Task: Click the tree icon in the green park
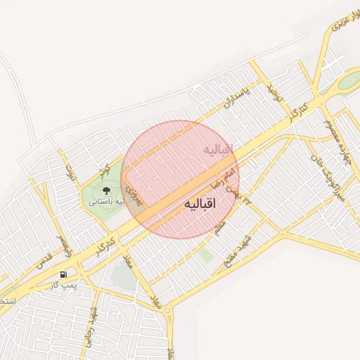click(106, 190)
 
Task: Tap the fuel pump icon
click(64, 274)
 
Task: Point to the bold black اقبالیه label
click(200, 204)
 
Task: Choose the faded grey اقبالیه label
click(217, 150)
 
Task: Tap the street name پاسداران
click(237, 98)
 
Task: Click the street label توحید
click(274, 93)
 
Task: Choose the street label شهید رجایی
click(91, 323)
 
